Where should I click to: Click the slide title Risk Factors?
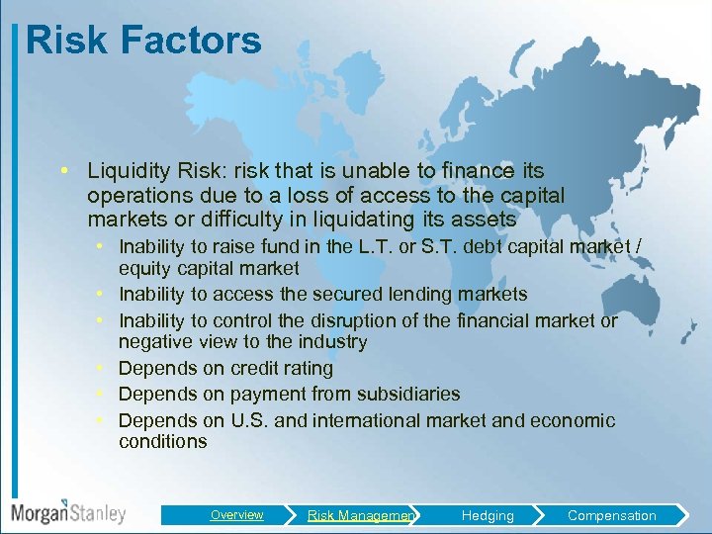click(x=144, y=41)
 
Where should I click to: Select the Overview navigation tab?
click(x=236, y=515)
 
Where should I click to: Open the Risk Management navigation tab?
click(x=360, y=515)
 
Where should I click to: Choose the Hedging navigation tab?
click(x=487, y=515)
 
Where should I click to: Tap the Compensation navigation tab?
click(x=611, y=515)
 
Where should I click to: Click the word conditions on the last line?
click(x=162, y=442)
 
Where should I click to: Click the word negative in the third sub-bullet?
click(x=155, y=342)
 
